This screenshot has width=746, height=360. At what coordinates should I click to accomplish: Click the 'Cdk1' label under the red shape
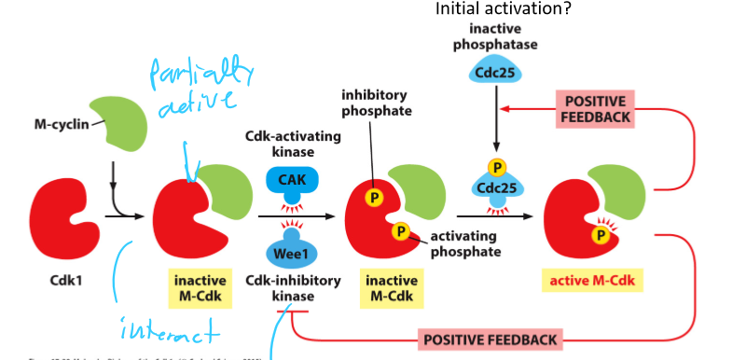click(x=63, y=280)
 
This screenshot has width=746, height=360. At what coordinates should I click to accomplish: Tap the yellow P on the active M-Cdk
click(x=602, y=236)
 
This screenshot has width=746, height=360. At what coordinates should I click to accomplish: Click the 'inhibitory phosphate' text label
click(x=375, y=102)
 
